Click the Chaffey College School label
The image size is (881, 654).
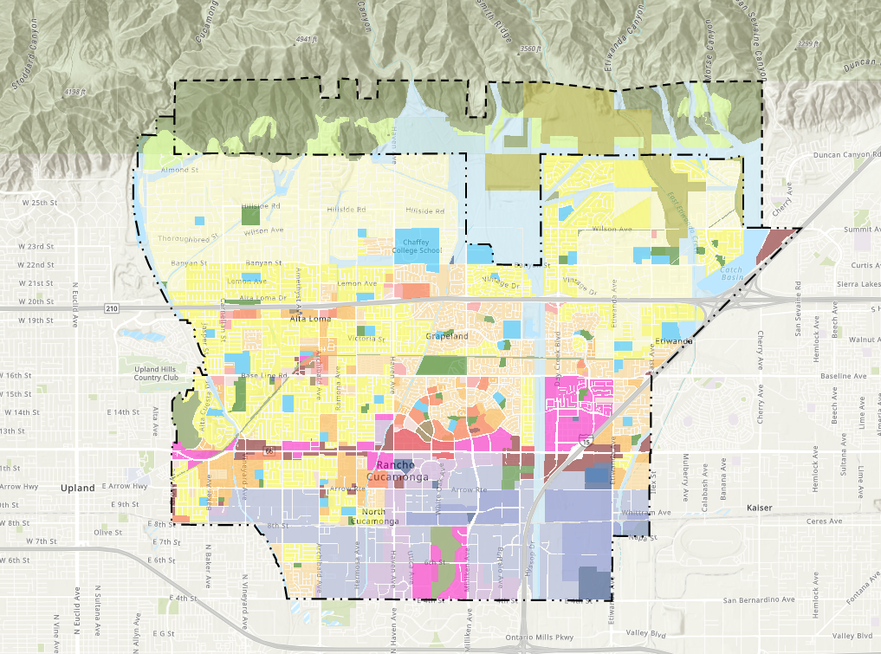click(x=417, y=246)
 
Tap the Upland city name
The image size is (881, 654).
click(x=77, y=488)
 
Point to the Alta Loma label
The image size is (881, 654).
click(x=308, y=318)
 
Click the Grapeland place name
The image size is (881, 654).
click(x=447, y=335)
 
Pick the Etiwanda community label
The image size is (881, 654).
click(x=678, y=341)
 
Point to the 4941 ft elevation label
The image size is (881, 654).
click(x=308, y=40)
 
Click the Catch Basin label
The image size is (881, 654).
click(x=732, y=273)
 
